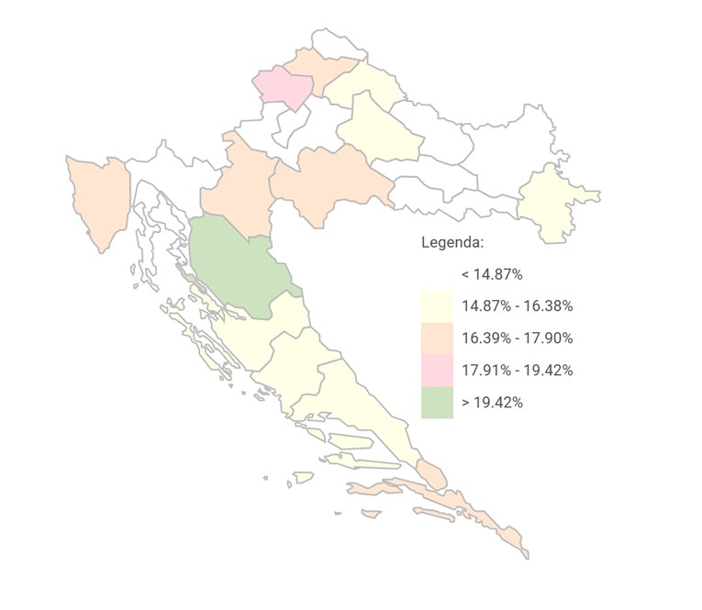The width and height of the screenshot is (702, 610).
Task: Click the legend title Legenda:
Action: click(x=452, y=243)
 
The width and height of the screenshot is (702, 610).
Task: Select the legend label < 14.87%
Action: click(x=492, y=274)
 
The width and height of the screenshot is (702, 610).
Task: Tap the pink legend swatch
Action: click(x=437, y=371)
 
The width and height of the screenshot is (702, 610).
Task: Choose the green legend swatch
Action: click(x=437, y=403)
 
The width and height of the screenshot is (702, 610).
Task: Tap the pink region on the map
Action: click(x=284, y=88)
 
